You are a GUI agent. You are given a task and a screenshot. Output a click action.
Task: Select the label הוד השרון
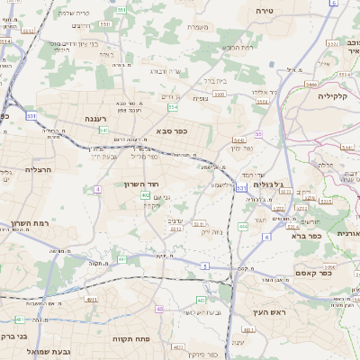click(112, 184)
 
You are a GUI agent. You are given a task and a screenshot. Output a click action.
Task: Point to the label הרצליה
click(39, 169)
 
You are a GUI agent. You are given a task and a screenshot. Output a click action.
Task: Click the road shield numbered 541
click(104, 130)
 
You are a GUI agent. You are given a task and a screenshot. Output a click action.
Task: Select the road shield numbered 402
click(145, 194)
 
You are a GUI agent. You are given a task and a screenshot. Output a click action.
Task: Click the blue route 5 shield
click(205, 266)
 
